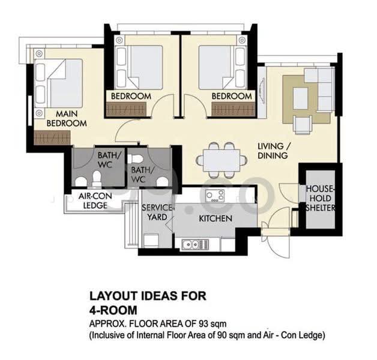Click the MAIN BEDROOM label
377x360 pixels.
coord(67,118)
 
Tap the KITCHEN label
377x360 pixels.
coord(216,218)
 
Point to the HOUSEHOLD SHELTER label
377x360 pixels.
coord(320,199)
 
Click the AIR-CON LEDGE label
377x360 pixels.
coord(95,200)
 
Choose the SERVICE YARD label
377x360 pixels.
coord(157,212)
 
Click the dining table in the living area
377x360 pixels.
coord(222,160)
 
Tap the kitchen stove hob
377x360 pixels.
coord(215,196)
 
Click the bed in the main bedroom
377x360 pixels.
coord(58,83)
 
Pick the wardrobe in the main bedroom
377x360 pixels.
coord(52,138)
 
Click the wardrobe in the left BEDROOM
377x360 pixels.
coord(126,110)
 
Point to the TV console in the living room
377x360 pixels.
coord(262,92)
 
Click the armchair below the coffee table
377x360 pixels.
coord(303,124)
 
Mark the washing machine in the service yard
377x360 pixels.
coord(151,241)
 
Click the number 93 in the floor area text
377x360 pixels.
coord(204,324)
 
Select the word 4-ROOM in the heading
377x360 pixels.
coord(113,310)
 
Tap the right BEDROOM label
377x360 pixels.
coord(232,97)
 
